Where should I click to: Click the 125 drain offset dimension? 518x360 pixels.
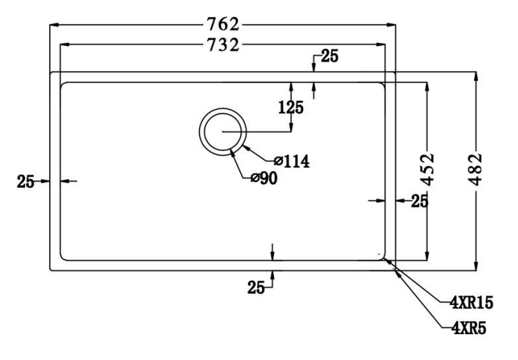291,107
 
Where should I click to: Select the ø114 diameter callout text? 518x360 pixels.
292,160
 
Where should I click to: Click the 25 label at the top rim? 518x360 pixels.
330,56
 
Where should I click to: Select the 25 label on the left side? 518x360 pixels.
25,181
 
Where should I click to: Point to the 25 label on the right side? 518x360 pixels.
419,200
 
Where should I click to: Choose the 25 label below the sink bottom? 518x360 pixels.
256,287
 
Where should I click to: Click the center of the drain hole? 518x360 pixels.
223,131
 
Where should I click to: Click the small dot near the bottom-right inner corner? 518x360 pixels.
379,253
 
